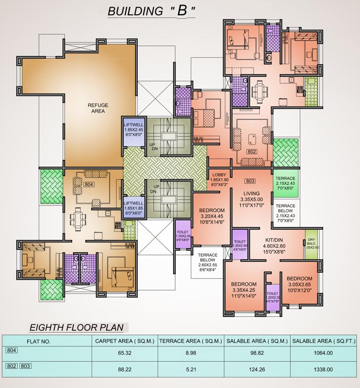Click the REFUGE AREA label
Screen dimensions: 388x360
click(98, 108)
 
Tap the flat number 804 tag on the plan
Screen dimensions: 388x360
click(89, 184)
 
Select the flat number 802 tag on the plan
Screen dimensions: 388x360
click(251, 151)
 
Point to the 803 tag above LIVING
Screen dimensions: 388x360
click(249, 181)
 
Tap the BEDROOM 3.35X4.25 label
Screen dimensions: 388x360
click(244, 290)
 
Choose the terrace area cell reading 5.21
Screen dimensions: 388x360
click(191, 369)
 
